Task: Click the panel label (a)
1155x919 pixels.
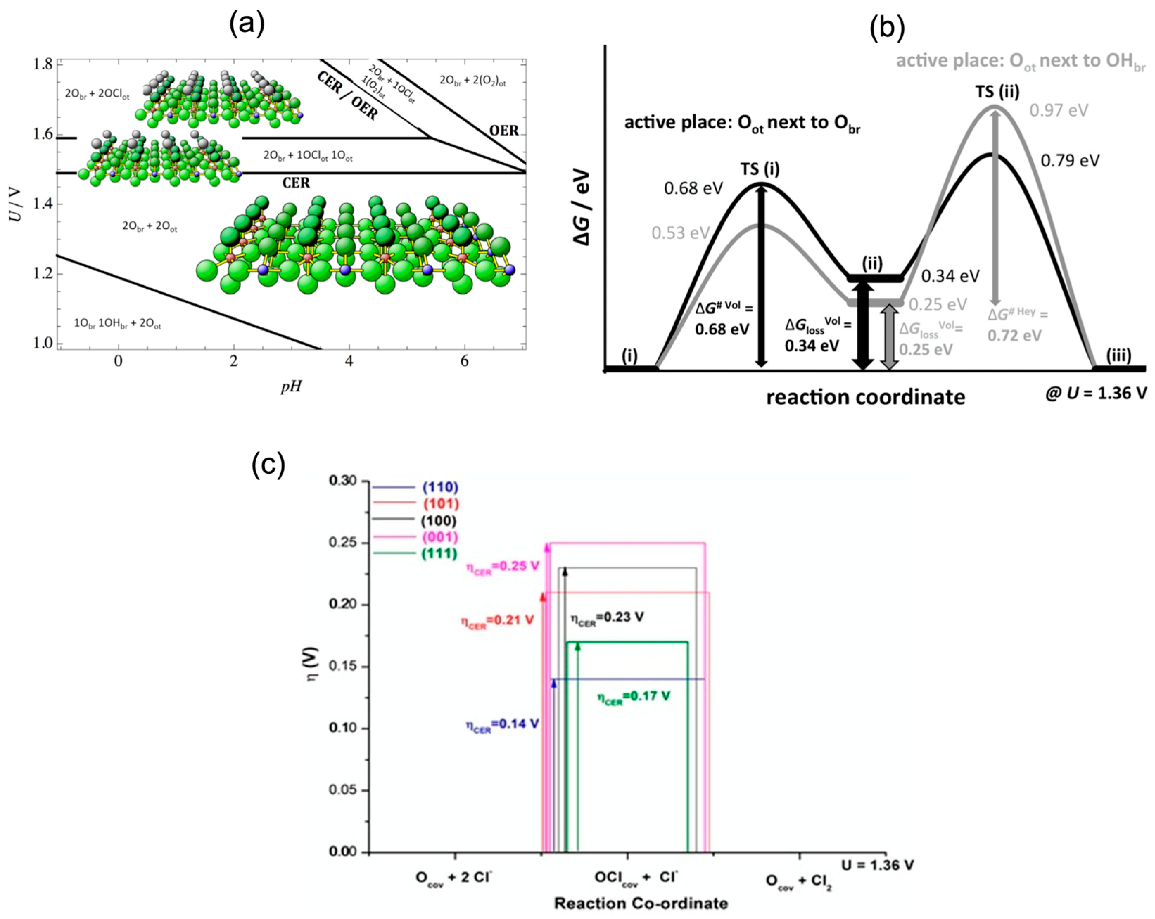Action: tap(247, 24)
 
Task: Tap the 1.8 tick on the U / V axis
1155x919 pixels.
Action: tap(43, 64)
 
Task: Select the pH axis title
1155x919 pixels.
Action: tap(291, 386)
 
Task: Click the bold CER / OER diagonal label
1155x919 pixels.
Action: tap(348, 96)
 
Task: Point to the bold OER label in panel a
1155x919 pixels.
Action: tap(503, 130)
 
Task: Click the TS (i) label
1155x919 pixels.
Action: tap(760, 169)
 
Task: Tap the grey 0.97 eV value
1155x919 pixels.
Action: tap(1059, 111)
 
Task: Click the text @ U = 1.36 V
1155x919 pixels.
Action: tap(1096, 393)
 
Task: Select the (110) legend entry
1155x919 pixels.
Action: tap(440, 487)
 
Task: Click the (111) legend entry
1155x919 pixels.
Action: tap(439, 554)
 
